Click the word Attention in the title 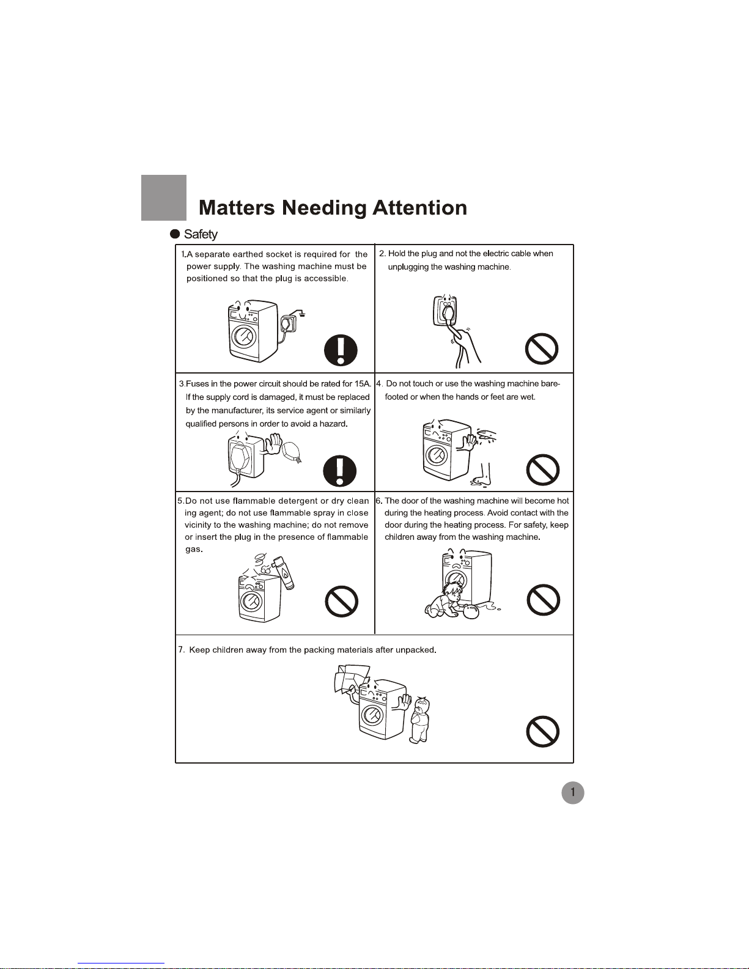click(x=419, y=208)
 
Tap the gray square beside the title click(x=164, y=197)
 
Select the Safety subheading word click(x=201, y=235)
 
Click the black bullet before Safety click(x=175, y=234)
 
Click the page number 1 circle click(x=572, y=793)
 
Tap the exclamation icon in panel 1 click(x=341, y=350)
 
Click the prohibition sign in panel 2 click(x=542, y=348)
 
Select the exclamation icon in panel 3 click(x=340, y=471)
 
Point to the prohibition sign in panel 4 click(x=542, y=470)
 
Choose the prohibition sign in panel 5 click(x=342, y=602)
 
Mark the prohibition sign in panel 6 click(x=543, y=600)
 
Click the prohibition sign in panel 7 click(x=542, y=732)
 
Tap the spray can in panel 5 click(x=284, y=573)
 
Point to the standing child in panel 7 click(x=420, y=720)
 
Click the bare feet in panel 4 click(x=482, y=476)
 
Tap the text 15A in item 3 click(x=363, y=384)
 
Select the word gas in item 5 click(x=194, y=550)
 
